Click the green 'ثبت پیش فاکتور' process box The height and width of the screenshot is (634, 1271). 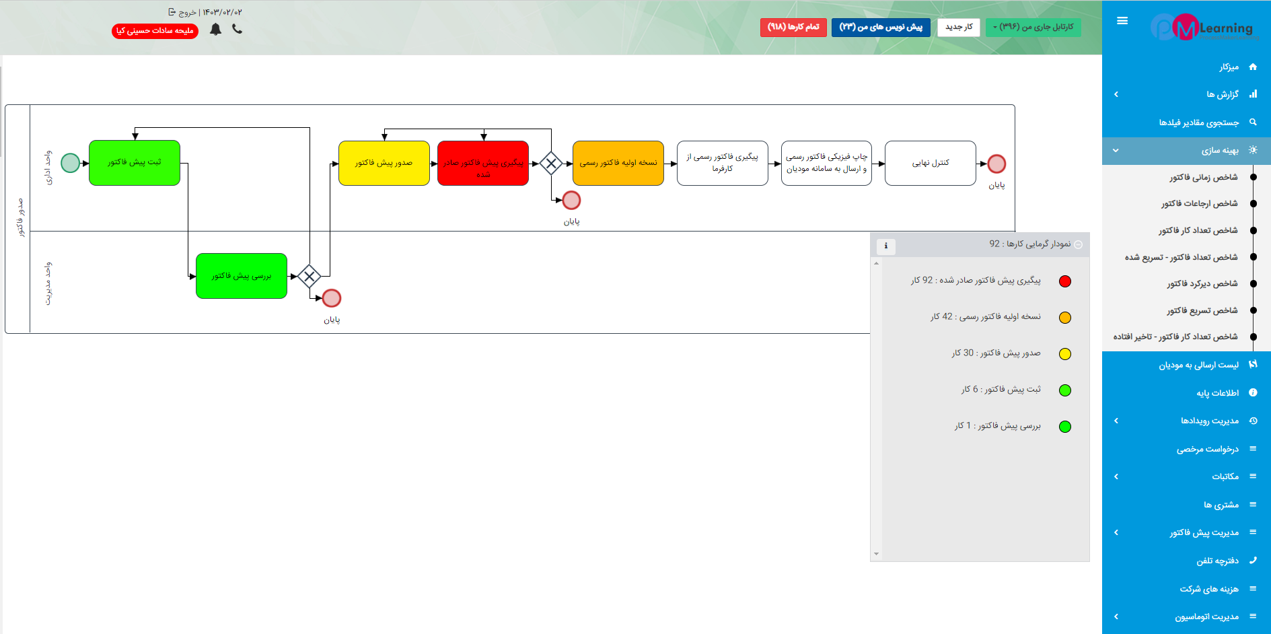coord(135,163)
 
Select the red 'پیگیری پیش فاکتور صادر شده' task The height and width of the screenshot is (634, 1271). coord(483,163)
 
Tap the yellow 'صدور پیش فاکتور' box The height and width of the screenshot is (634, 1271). coord(384,163)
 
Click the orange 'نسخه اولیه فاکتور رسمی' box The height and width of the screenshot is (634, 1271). coord(618,163)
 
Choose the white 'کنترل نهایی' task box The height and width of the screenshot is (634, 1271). coord(931,163)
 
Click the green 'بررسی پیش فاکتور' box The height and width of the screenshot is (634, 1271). coord(242,276)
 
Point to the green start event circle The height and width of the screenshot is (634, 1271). coord(71,163)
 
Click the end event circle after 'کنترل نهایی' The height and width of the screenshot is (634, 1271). coord(996,164)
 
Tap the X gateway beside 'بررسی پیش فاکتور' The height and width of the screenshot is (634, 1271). coord(309,276)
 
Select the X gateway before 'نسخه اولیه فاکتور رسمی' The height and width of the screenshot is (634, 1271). coord(551,164)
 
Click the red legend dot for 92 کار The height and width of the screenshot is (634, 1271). coord(1065,281)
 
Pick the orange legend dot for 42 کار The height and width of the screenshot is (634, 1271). coord(1065,318)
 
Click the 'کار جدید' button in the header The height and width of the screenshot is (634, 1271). coord(959,27)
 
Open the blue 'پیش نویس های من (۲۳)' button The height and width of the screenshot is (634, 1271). coord(881,27)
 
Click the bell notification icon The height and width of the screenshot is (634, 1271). coord(215,29)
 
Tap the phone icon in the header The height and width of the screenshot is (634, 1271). coord(237,29)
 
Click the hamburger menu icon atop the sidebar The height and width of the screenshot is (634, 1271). coord(1122,21)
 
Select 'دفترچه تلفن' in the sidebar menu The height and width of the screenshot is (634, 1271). coord(1217,561)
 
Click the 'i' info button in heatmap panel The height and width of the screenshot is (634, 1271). coord(886,246)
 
